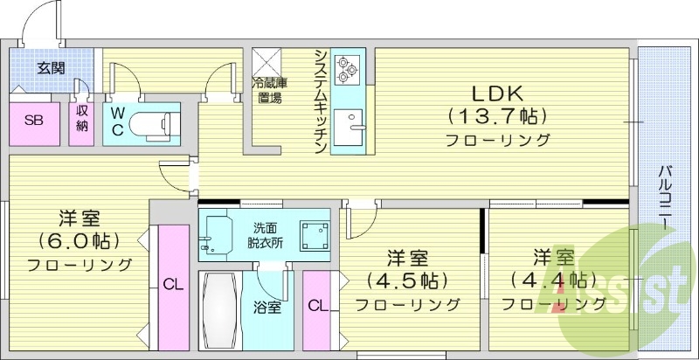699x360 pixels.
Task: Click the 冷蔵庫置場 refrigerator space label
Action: coord(269,91)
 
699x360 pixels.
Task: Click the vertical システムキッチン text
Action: coord(322,101)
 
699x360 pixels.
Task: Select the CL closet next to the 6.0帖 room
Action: coord(172,285)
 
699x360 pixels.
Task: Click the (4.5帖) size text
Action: coord(407,281)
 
